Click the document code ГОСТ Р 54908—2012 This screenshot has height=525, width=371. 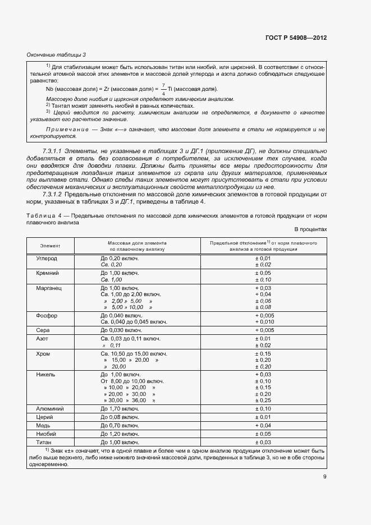pyautogui.click(x=296, y=38)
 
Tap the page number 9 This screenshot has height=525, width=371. pyautogui.click(x=324, y=477)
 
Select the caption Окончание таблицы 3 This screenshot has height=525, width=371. pyautogui.click(x=56, y=54)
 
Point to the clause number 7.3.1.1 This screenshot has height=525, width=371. pyautogui.click(x=53, y=151)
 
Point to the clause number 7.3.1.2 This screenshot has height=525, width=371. pyautogui.click(x=53, y=195)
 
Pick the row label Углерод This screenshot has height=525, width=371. pyautogui.click(x=47, y=258)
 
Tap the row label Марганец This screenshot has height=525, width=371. pyautogui.click(x=48, y=287)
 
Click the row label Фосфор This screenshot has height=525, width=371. pyautogui.click(x=47, y=316)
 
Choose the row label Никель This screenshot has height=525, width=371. pyautogui.click(x=45, y=374)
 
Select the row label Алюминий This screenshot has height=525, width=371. pyautogui.click(x=49, y=409)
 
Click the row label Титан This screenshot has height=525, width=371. pyautogui.click(x=44, y=443)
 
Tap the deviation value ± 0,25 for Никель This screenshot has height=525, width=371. pyautogui.click(x=263, y=400)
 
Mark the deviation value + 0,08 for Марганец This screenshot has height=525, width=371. pyautogui.click(x=263, y=307)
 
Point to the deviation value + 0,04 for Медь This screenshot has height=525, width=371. pyautogui.click(x=263, y=426)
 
